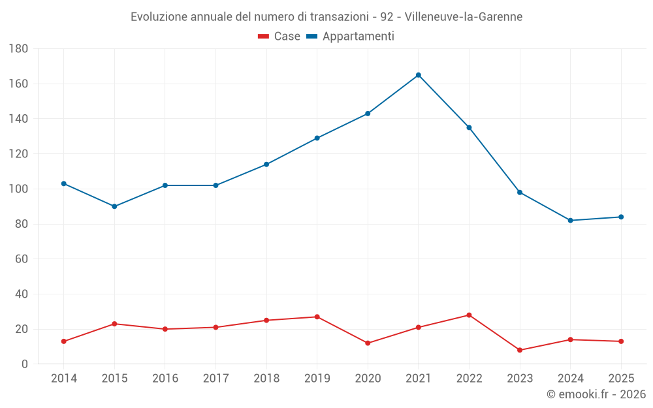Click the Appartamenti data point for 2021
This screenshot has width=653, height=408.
pyautogui.click(x=419, y=75)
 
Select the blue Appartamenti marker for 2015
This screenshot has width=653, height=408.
pyautogui.click(x=114, y=206)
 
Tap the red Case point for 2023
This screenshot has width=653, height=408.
pyautogui.click(x=520, y=350)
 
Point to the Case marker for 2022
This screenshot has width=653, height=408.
pyautogui.click(x=469, y=315)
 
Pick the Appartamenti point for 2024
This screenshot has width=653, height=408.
pyautogui.click(x=571, y=221)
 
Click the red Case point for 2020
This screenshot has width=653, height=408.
pyautogui.click(x=368, y=343)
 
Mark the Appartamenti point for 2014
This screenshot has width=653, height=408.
pyautogui.click(x=64, y=183)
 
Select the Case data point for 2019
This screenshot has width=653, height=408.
pyautogui.click(x=317, y=317)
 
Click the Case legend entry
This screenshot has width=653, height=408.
pyautogui.click(x=279, y=37)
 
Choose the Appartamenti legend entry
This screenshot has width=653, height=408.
pyautogui.click(x=351, y=37)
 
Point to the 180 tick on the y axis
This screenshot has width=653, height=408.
pyautogui.click(x=18, y=49)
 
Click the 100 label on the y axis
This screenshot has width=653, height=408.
pyautogui.click(x=18, y=189)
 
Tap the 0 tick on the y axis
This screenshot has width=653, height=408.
pyautogui.click(x=25, y=364)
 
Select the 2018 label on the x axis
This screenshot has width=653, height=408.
pyautogui.click(x=266, y=379)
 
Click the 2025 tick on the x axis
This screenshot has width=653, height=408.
pyautogui.click(x=621, y=379)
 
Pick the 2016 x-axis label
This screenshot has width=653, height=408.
pyautogui.click(x=165, y=379)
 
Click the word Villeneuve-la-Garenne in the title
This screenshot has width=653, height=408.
pyautogui.click(x=464, y=17)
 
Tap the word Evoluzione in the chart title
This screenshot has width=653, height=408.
pyautogui.click(x=159, y=17)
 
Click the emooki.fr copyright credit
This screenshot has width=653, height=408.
pyautogui.click(x=596, y=394)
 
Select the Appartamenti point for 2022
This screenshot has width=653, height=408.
pyautogui.click(x=469, y=127)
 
